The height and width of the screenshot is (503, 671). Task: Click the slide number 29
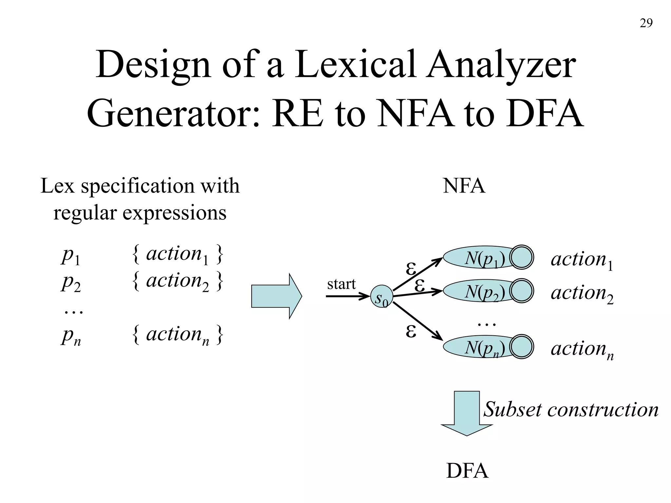pos(646,23)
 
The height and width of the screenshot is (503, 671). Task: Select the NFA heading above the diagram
pos(464,186)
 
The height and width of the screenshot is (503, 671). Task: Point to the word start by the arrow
pos(341,284)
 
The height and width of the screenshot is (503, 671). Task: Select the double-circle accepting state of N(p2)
pos(522,290)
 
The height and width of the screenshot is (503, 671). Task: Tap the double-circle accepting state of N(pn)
pos(522,346)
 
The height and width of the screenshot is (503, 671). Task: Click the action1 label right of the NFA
pos(582,260)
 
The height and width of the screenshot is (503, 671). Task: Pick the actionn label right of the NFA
pos(582,349)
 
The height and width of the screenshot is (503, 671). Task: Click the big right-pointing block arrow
pos(276,296)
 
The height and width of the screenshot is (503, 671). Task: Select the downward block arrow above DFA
pos(467,413)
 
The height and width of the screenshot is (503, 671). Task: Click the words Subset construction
pos(571,409)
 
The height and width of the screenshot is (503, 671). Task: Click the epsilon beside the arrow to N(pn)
pos(411,331)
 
